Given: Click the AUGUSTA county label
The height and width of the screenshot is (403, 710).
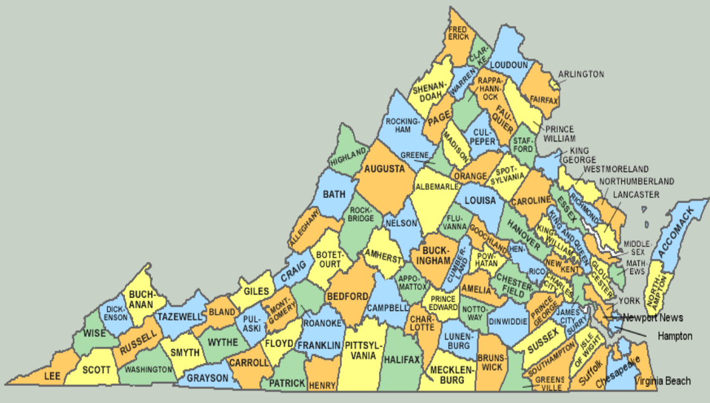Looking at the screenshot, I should pos(384,169).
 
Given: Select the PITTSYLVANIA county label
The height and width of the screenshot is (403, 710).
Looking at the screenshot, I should pos(365,350).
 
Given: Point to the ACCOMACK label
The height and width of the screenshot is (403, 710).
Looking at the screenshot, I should pos(674,234).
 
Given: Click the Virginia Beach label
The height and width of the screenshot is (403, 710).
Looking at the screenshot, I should pos(662,381).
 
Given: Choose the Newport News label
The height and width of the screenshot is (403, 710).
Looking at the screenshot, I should pos(653,317).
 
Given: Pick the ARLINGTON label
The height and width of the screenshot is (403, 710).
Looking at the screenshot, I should pos(581,74).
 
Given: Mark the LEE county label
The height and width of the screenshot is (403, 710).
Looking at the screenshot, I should pos(52,376).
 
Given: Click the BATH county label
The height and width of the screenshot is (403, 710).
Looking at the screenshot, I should pos(334,194).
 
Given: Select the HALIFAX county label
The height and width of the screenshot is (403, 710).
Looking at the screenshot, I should pos(402,360).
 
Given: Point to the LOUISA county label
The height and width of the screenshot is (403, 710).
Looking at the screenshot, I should pos(481,201).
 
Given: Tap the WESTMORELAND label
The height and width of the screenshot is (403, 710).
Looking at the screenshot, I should pos(616,169).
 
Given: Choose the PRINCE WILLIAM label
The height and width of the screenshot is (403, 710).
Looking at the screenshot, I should pos(560,133).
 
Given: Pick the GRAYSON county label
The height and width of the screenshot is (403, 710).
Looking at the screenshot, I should pos(207,378).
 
